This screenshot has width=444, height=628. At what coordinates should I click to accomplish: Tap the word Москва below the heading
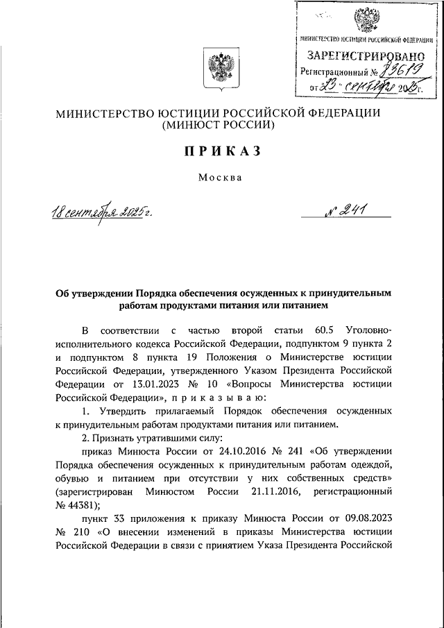(220, 178)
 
